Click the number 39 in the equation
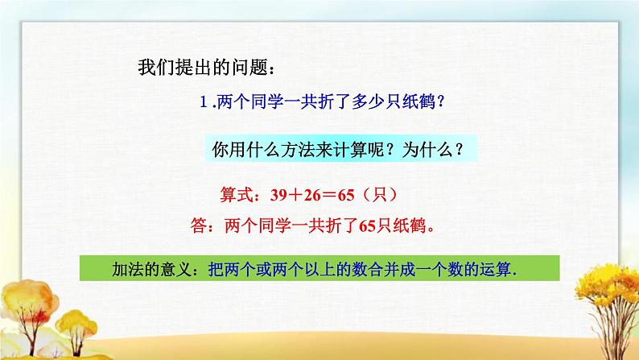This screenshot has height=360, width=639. click(x=278, y=195)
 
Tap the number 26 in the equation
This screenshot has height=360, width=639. click(x=312, y=195)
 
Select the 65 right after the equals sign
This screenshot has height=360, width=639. click(x=346, y=195)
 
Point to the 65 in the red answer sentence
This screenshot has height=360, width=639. click(x=368, y=226)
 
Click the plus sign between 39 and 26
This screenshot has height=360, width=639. click(x=295, y=195)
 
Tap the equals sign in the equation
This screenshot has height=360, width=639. click(x=329, y=196)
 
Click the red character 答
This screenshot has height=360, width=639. click(x=199, y=225)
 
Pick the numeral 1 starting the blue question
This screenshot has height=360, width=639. click(x=204, y=101)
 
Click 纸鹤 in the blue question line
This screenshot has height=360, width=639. click(x=419, y=101)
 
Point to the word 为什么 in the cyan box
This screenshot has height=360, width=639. click(x=427, y=150)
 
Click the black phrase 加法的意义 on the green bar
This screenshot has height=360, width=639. click(x=151, y=269)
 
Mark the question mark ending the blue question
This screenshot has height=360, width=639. click(x=440, y=101)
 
